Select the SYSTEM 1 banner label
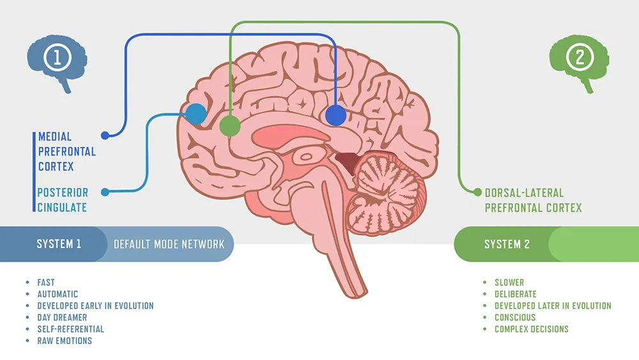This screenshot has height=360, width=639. (59, 244)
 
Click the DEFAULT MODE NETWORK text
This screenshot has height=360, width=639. (169, 244)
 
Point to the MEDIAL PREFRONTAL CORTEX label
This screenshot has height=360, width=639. (66, 152)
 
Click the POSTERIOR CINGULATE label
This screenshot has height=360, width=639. (63, 200)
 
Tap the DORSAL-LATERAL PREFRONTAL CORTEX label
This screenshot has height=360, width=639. (533, 200)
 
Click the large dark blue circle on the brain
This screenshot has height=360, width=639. (335, 116)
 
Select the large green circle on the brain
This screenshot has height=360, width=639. (229, 126)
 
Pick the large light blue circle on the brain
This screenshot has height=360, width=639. (196, 114)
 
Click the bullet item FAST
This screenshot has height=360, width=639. (46, 282)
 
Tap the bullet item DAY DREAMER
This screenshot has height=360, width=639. (62, 317)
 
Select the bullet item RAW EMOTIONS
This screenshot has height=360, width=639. (65, 341)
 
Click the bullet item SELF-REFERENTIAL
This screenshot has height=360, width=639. (70, 329)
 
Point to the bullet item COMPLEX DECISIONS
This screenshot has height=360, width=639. (531, 329)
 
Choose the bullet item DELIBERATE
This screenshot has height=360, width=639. (515, 294)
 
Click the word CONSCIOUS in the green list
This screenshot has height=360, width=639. (515, 317)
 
